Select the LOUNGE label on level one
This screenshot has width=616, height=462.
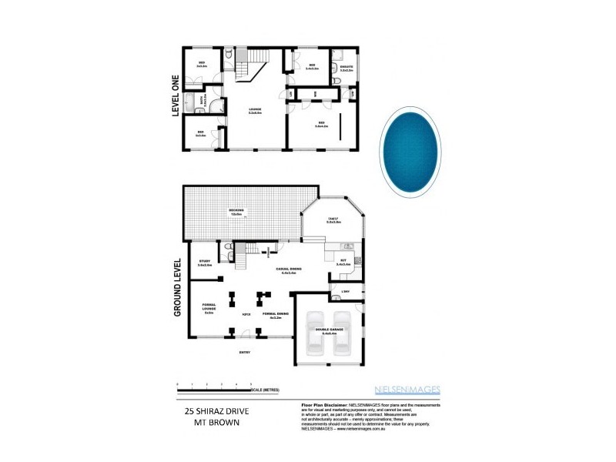255,110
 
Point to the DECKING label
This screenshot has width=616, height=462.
236,211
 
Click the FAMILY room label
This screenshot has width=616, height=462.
333,221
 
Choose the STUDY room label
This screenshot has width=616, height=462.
205,263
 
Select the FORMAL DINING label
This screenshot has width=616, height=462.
275,315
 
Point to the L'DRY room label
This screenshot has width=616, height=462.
343,291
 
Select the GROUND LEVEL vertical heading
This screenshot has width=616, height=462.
176,287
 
